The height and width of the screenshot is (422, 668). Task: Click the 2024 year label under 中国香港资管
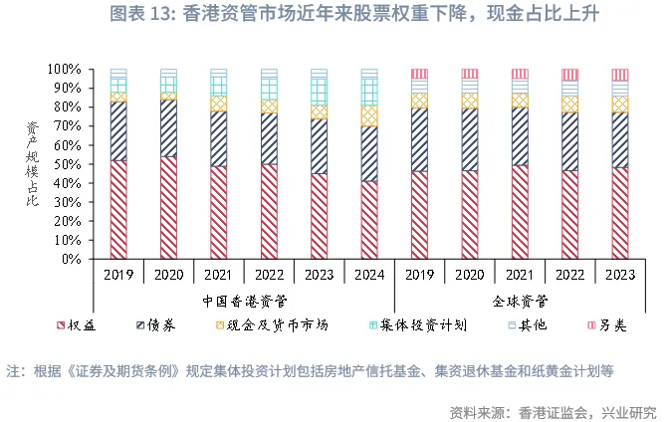click(x=369, y=273)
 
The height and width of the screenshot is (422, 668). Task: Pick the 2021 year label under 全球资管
click(x=520, y=273)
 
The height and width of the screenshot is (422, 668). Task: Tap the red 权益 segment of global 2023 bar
click(x=620, y=213)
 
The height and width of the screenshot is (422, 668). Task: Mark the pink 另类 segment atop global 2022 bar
click(x=569, y=75)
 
